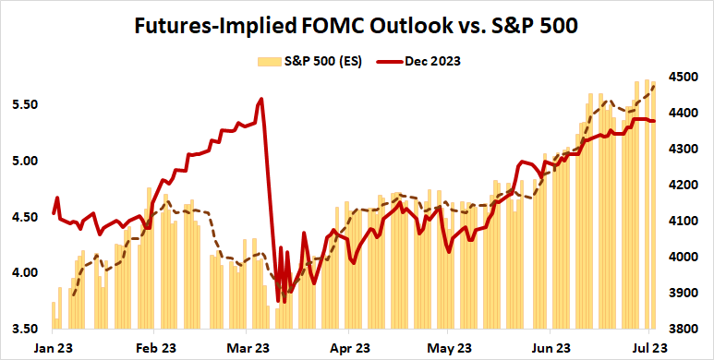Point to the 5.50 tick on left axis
click(25, 105)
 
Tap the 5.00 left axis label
click(25, 161)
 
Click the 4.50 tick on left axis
click(25, 217)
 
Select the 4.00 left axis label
click(25, 273)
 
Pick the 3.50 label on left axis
click(25, 329)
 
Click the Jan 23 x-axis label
click(54, 347)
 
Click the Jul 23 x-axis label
click(649, 347)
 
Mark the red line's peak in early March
click(262, 99)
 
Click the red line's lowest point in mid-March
click(279, 301)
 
